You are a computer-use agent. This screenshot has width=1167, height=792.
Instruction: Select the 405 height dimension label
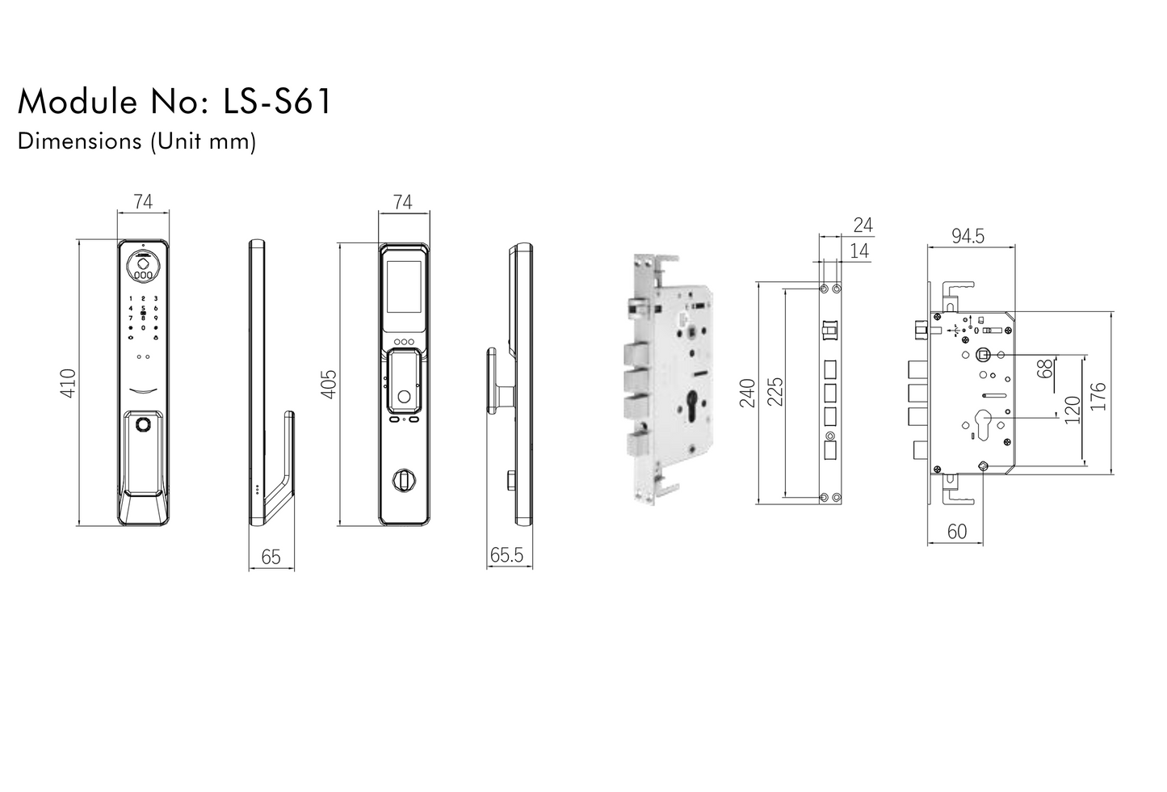(328, 383)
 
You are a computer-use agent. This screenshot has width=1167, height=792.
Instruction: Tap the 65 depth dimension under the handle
(271, 557)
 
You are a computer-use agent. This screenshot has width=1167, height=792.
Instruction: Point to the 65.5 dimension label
(506, 555)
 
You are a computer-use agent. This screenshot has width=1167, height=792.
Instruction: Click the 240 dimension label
(747, 393)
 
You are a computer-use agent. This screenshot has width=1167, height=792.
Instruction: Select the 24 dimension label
(863, 225)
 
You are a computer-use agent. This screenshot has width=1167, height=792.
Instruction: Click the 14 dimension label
(860, 251)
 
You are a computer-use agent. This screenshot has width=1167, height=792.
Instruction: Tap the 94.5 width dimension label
(968, 236)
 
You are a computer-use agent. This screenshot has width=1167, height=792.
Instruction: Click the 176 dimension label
(1098, 396)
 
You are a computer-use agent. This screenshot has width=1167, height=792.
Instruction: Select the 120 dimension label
(1072, 411)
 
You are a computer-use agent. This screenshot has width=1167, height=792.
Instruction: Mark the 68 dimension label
(1045, 369)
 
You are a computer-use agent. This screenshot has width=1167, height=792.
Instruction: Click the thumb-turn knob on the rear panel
(401, 480)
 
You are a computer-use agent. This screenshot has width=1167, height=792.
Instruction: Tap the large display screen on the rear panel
(404, 291)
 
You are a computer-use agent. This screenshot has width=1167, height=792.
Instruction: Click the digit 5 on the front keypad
(143, 308)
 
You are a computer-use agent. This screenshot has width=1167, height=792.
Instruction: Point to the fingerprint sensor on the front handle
(144, 424)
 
